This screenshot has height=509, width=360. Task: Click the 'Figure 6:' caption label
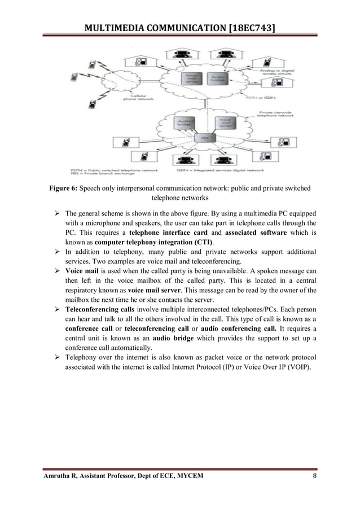point(61,188)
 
